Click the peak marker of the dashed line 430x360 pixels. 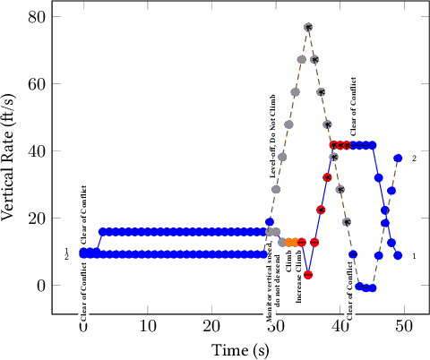308,28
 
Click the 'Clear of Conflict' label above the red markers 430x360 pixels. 354,108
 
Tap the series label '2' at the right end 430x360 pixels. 414,159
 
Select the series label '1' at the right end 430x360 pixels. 414,256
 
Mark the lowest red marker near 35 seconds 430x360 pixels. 308,275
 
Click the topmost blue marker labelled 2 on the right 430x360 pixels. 398,159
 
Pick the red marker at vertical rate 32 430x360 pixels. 327,177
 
